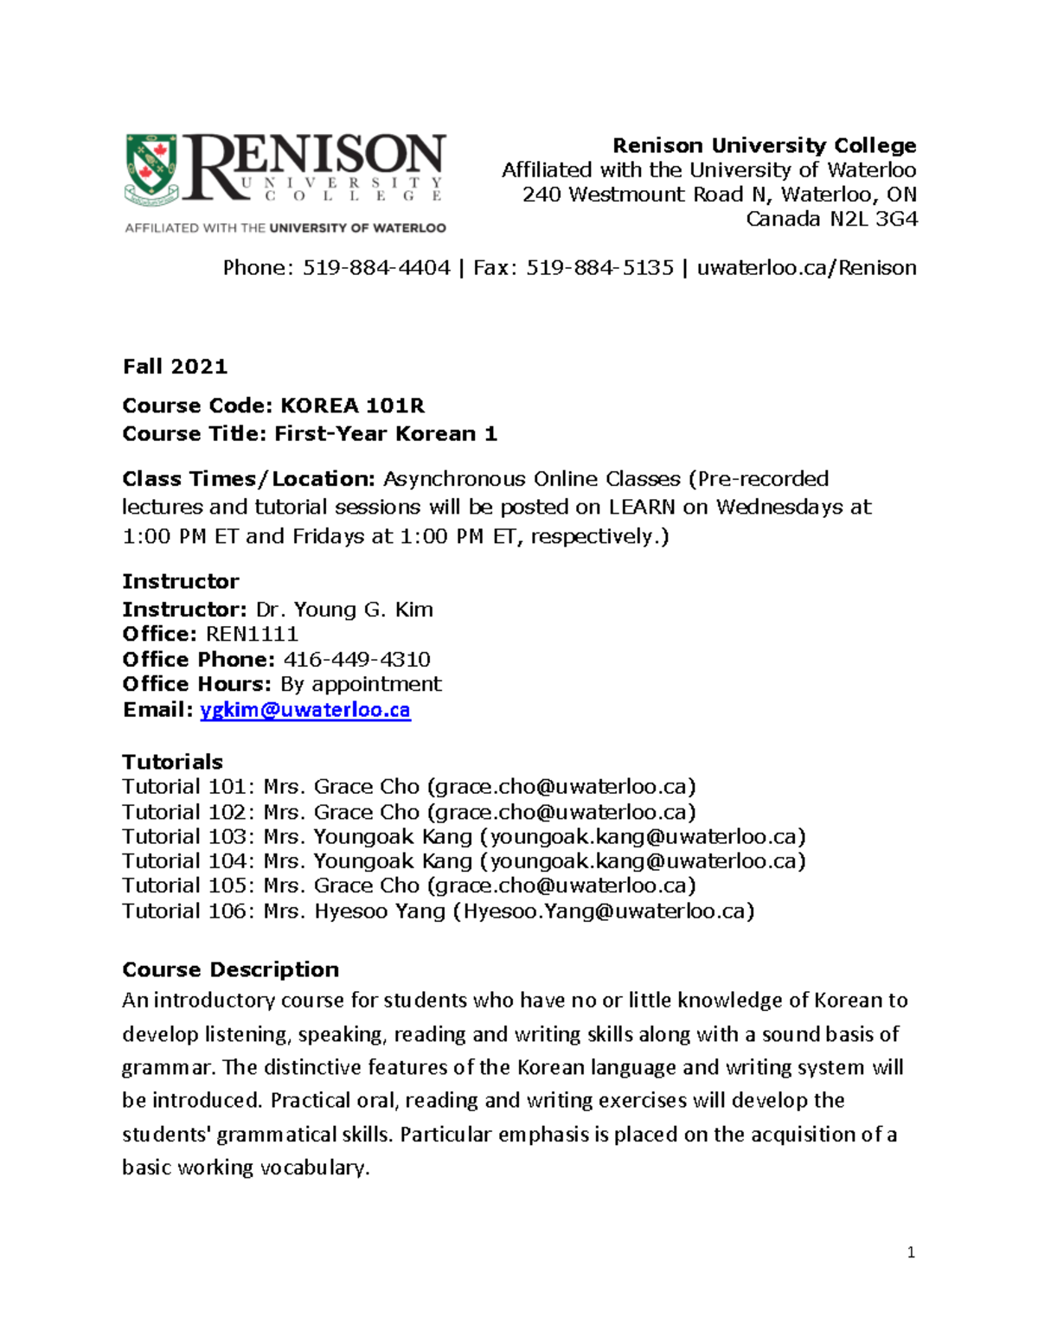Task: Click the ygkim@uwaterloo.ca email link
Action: click(304, 710)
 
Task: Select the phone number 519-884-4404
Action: click(376, 268)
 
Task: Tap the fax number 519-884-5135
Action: click(599, 268)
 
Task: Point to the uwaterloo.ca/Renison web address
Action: click(806, 268)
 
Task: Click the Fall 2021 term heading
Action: click(175, 367)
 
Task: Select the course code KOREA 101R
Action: click(353, 406)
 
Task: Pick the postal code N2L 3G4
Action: click(874, 219)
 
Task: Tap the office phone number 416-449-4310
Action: click(356, 659)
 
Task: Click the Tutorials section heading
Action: click(172, 762)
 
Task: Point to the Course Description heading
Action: click(230, 969)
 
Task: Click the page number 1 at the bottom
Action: click(911, 1252)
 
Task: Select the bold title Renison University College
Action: click(764, 145)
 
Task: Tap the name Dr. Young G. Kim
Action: click(344, 610)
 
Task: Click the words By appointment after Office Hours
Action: click(361, 684)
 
